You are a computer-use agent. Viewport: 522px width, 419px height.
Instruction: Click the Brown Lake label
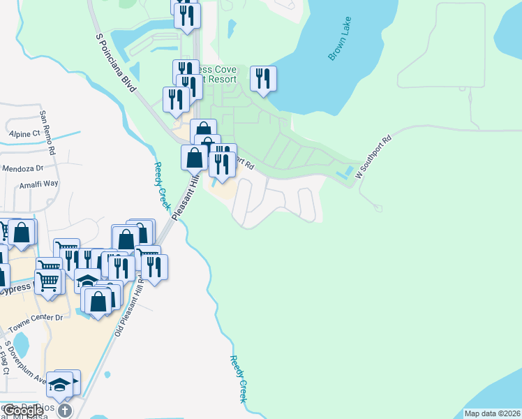pyautogui.click(x=343, y=44)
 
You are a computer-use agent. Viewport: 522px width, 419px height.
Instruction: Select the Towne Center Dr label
pyautogui.click(x=35, y=318)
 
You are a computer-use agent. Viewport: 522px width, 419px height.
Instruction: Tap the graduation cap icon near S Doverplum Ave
pyautogui.click(x=61, y=385)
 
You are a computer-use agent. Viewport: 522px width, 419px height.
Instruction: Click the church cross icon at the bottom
pyautogui.click(x=65, y=410)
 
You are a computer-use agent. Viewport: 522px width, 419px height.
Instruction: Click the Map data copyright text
pyautogui.click(x=492, y=413)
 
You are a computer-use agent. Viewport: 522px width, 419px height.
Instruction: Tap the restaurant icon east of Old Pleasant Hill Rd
pyautogui.click(x=154, y=267)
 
